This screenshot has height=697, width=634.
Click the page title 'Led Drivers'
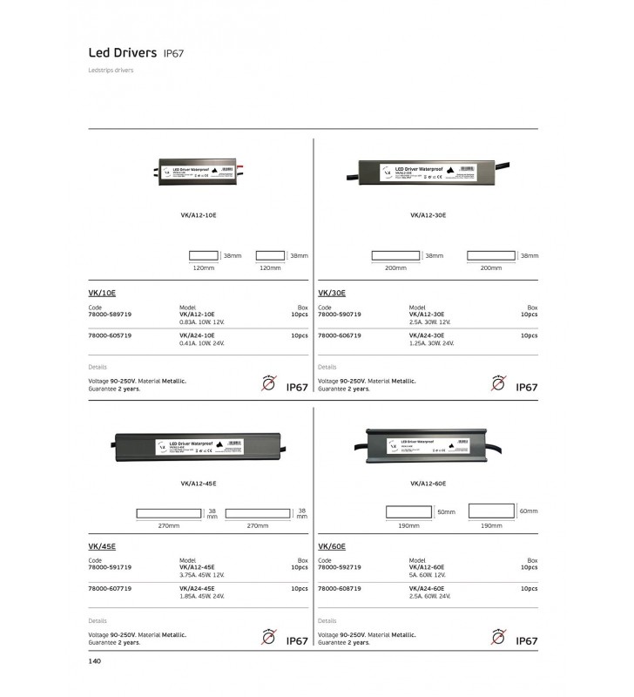[x=123, y=52]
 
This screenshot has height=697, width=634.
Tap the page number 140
[x=96, y=661]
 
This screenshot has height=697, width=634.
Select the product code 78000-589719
[x=110, y=315]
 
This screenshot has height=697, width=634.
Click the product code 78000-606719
[x=340, y=335]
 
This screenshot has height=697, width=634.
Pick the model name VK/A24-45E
[x=197, y=588]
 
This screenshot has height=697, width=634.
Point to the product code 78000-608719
[x=340, y=588]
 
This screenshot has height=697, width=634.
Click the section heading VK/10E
[x=102, y=294]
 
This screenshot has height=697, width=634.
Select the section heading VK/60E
[x=333, y=547]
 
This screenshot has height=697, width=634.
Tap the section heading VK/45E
[x=102, y=547]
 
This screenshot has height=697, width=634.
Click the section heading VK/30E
[x=332, y=294]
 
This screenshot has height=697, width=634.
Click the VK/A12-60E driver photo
[x=427, y=444]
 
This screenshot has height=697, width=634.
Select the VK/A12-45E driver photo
[x=197, y=445]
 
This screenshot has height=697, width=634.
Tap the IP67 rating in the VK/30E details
[x=527, y=387]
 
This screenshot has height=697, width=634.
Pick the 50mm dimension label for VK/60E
[x=446, y=512]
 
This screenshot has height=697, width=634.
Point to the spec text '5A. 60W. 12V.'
[x=428, y=575]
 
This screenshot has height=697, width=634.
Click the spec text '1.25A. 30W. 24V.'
[x=432, y=343]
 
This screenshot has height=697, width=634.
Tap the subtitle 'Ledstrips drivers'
[x=110, y=71]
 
